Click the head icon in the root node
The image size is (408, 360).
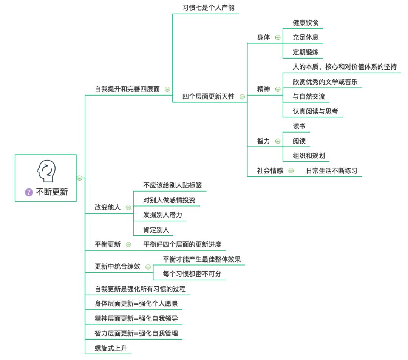pyautogui.click(x=46, y=172)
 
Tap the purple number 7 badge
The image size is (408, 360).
pyautogui.click(x=29, y=192)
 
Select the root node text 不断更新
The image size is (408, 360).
pyautogui.click(x=52, y=192)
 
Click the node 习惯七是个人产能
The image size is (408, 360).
pyautogui.click(x=206, y=8)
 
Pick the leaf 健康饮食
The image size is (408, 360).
pyautogui.click(x=306, y=23)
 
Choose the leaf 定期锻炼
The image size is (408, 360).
pyautogui.click(x=306, y=52)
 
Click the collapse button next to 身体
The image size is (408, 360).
pyautogui.click(x=278, y=37)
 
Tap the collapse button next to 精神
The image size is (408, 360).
pyautogui.click(x=278, y=89)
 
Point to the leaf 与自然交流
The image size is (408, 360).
pyautogui.click(x=309, y=96)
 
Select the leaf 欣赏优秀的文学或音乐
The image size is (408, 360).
pyautogui.click(x=325, y=82)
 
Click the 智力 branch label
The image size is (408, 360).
pyautogui.click(x=264, y=141)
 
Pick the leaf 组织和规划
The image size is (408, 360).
pyautogui.click(x=309, y=156)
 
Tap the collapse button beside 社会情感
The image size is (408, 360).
pyautogui.click(x=291, y=171)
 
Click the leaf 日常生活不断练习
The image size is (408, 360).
pyautogui.click(x=332, y=171)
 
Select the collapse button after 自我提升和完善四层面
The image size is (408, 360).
pyautogui.click(x=167, y=89)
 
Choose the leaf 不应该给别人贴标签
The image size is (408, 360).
pyautogui.click(x=173, y=185)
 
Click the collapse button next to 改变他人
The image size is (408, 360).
pyautogui.click(x=128, y=207)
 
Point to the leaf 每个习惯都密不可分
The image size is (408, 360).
pyautogui.click(x=192, y=274)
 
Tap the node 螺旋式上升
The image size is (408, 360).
pyautogui.click(x=111, y=348)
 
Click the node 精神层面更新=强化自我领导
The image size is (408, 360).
pyautogui.click(x=136, y=318)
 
